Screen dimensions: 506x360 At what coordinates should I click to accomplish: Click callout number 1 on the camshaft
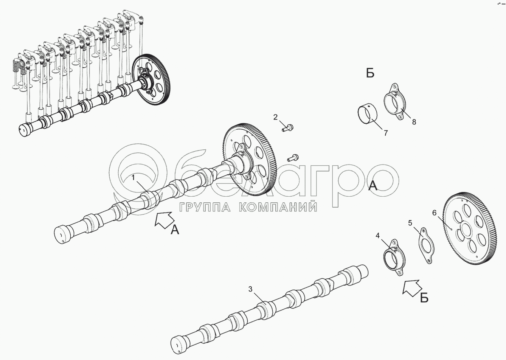(x=133, y=178)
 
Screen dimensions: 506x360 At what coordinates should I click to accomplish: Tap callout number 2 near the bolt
(x=275, y=117)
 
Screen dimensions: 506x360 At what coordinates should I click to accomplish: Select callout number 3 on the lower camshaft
(x=250, y=289)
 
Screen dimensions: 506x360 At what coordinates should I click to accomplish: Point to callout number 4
(x=378, y=236)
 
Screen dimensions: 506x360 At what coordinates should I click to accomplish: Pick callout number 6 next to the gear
(x=435, y=213)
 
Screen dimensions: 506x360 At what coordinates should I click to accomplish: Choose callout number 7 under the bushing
(x=386, y=133)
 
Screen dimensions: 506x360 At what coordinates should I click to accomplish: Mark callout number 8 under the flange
(x=414, y=122)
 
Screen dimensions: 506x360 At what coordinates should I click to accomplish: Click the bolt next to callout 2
(x=287, y=128)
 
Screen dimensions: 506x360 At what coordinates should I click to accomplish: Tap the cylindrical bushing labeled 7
(x=368, y=113)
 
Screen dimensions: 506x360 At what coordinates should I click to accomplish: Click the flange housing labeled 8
(x=395, y=101)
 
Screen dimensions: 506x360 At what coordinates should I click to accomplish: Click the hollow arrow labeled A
(x=165, y=219)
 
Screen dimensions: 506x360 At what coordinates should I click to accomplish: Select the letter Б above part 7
(x=370, y=73)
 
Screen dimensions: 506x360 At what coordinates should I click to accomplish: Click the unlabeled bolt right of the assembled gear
(x=293, y=158)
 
